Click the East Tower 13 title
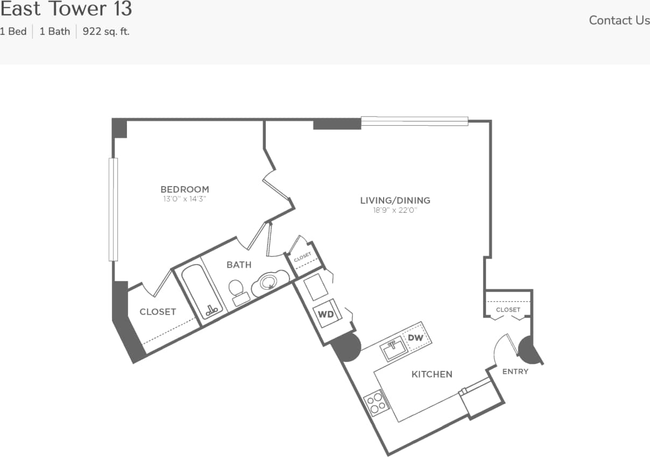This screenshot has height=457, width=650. [x=66, y=9]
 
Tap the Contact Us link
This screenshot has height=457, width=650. [x=619, y=20]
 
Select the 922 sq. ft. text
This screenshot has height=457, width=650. [x=106, y=31]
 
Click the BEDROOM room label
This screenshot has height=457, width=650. [x=185, y=189]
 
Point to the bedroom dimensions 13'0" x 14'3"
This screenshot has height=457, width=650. [x=185, y=199]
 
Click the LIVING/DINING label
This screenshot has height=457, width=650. [x=395, y=201]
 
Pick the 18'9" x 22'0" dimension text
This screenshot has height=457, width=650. [x=395, y=210]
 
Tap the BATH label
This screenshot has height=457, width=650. [x=239, y=265]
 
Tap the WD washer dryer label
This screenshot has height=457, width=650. [x=326, y=315]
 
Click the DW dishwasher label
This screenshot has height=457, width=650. [x=415, y=338]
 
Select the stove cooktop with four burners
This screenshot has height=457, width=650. [x=376, y=402]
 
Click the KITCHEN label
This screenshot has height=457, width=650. [x=432, y=374]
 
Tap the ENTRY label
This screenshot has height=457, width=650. [x=515, y=372]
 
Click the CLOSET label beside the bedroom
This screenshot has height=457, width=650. [x=158, y=312]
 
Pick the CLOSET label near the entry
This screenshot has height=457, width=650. [x=508, y=310]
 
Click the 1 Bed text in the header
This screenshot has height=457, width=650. [x=13, y=31]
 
